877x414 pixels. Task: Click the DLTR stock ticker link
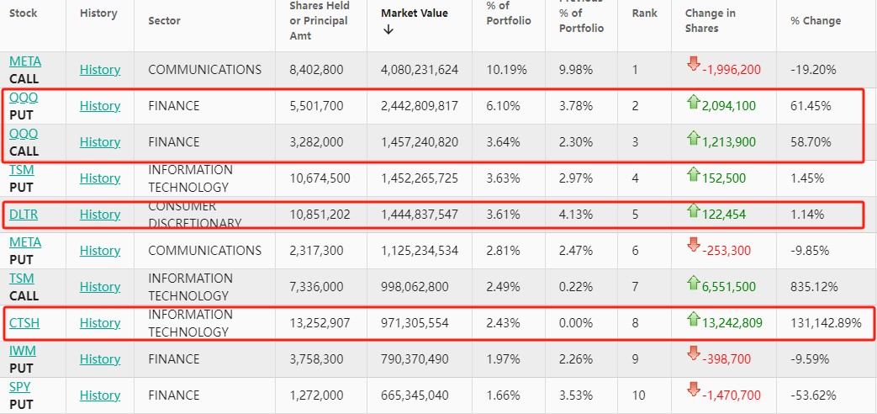[x=24, y=215]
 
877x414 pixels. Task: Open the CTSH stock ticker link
[x=24, y=323]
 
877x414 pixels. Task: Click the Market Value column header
[x=415, y=13]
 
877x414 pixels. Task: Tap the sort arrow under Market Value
[x=388, y=30]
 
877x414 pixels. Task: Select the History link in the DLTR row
[x=100, y=215]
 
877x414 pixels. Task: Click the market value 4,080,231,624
[x=420, y=70]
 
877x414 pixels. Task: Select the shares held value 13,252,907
[x=316, y=323]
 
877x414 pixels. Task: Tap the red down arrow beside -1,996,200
[x=693, y=65]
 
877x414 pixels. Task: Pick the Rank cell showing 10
[x=638, y=395]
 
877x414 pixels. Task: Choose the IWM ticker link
[x=22, y=350]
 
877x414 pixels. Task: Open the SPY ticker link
[x=20, y=386]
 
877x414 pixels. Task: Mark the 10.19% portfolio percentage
[x=503, y=70]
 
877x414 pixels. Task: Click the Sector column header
[x=164, y=21]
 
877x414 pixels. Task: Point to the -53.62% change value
[x=813, y=395]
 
